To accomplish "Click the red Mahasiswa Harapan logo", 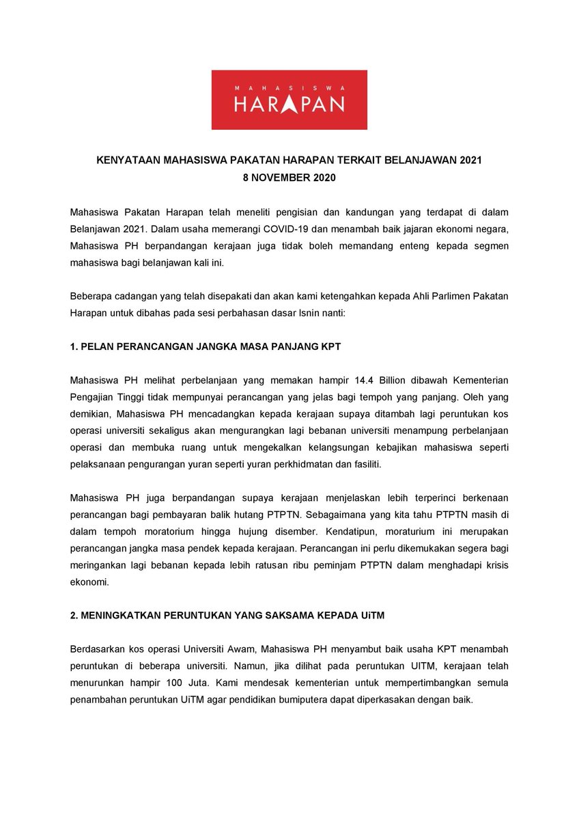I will pos(289,100).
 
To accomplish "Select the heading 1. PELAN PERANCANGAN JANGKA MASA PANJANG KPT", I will pos(206,346).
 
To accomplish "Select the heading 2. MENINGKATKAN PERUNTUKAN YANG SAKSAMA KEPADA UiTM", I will pos(227,615).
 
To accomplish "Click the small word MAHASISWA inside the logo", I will pos(289,88).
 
